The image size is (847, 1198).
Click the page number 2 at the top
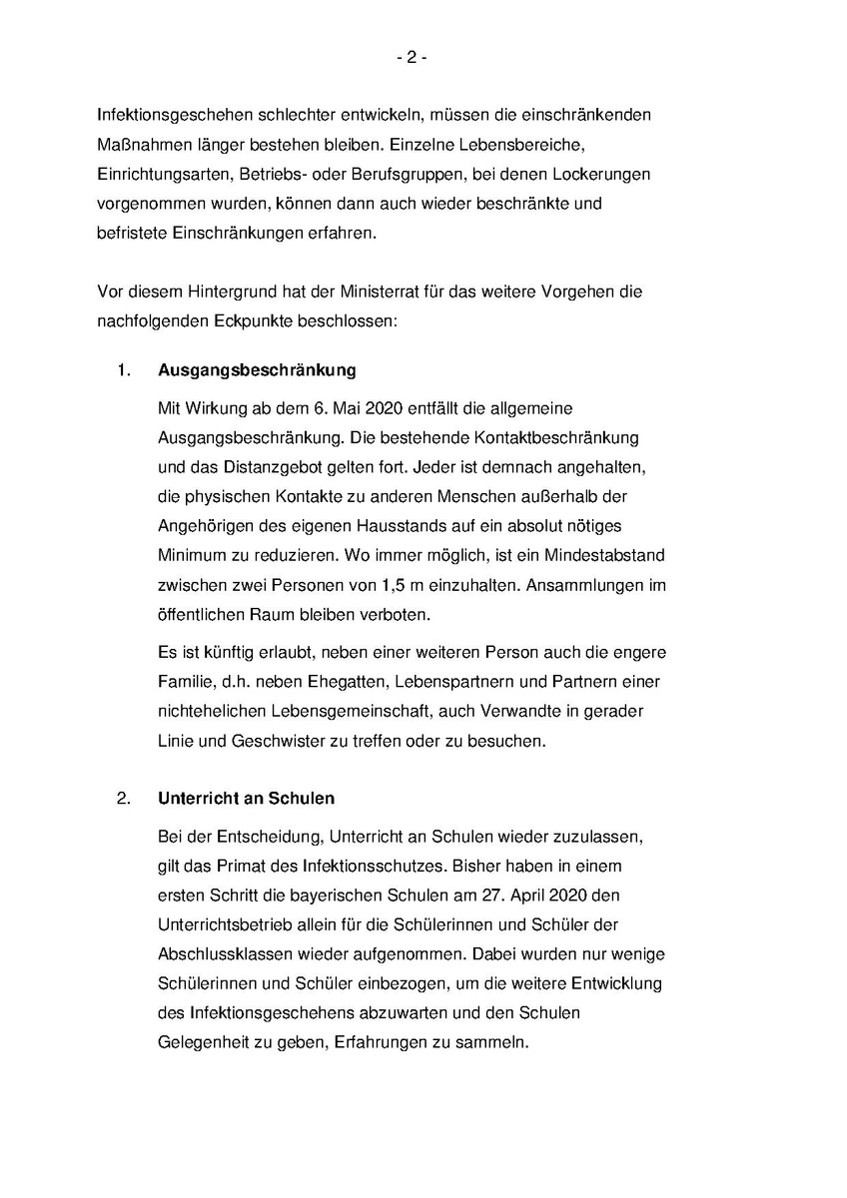click(x=411, y=58)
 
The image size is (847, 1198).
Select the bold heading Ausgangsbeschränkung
click(x=257, y=370)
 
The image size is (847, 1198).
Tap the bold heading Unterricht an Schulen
click(x=246, y=799)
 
